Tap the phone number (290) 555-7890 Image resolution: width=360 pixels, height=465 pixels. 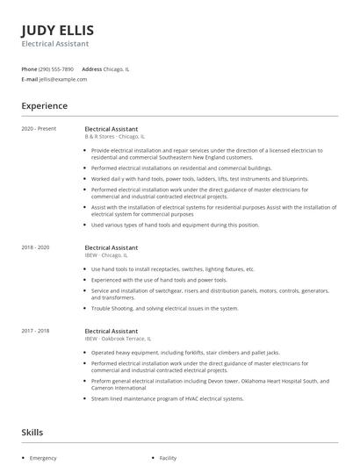pos(56,68)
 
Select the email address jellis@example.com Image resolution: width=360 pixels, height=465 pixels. pos(64,79)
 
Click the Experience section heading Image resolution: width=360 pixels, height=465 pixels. pos(44,106)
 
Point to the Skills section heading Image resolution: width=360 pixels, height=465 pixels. pos(32,433)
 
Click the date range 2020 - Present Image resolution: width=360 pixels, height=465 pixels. pos(40,129)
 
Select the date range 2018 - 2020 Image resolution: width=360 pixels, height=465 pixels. pos(37,247)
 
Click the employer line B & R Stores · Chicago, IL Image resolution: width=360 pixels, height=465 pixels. pos(115,137)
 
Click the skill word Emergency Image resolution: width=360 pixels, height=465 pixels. pos(43,458)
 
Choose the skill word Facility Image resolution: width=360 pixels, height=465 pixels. pos(168,458)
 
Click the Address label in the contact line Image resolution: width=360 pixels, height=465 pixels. pos(91,68)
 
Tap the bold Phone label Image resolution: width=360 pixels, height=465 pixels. pos(29,68)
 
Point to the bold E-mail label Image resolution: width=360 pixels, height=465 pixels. pos(30,79)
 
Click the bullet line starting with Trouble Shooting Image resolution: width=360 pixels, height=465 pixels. pos(165,308)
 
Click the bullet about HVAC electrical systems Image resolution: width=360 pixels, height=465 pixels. pos(166,398)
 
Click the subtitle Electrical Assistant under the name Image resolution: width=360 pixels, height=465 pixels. pos(54,43)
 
